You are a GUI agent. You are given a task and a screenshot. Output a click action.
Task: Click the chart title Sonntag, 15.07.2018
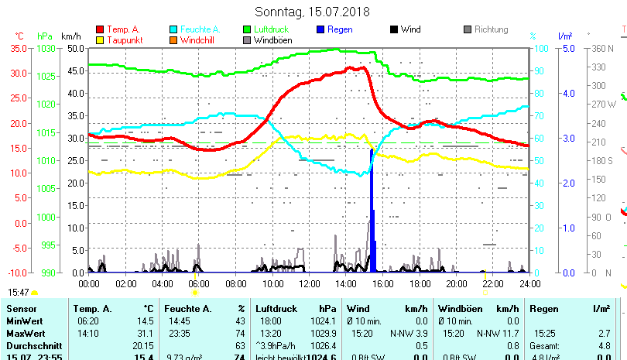pos(313,12)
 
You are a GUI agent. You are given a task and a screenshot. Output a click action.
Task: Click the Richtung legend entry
pos(491,29)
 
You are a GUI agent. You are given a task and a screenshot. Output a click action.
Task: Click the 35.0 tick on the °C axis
pos(19,48)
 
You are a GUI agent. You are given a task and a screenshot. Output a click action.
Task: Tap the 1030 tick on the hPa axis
pos(46,48)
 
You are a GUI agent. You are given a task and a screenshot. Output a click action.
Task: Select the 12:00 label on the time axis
pos(307,283)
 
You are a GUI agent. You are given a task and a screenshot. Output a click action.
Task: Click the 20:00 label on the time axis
pos(456,283)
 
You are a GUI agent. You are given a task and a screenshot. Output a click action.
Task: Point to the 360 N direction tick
pos(604,48)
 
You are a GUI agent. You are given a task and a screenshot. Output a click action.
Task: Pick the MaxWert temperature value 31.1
pos(144,333)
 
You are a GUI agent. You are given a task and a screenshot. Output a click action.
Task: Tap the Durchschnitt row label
pos(32,345)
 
